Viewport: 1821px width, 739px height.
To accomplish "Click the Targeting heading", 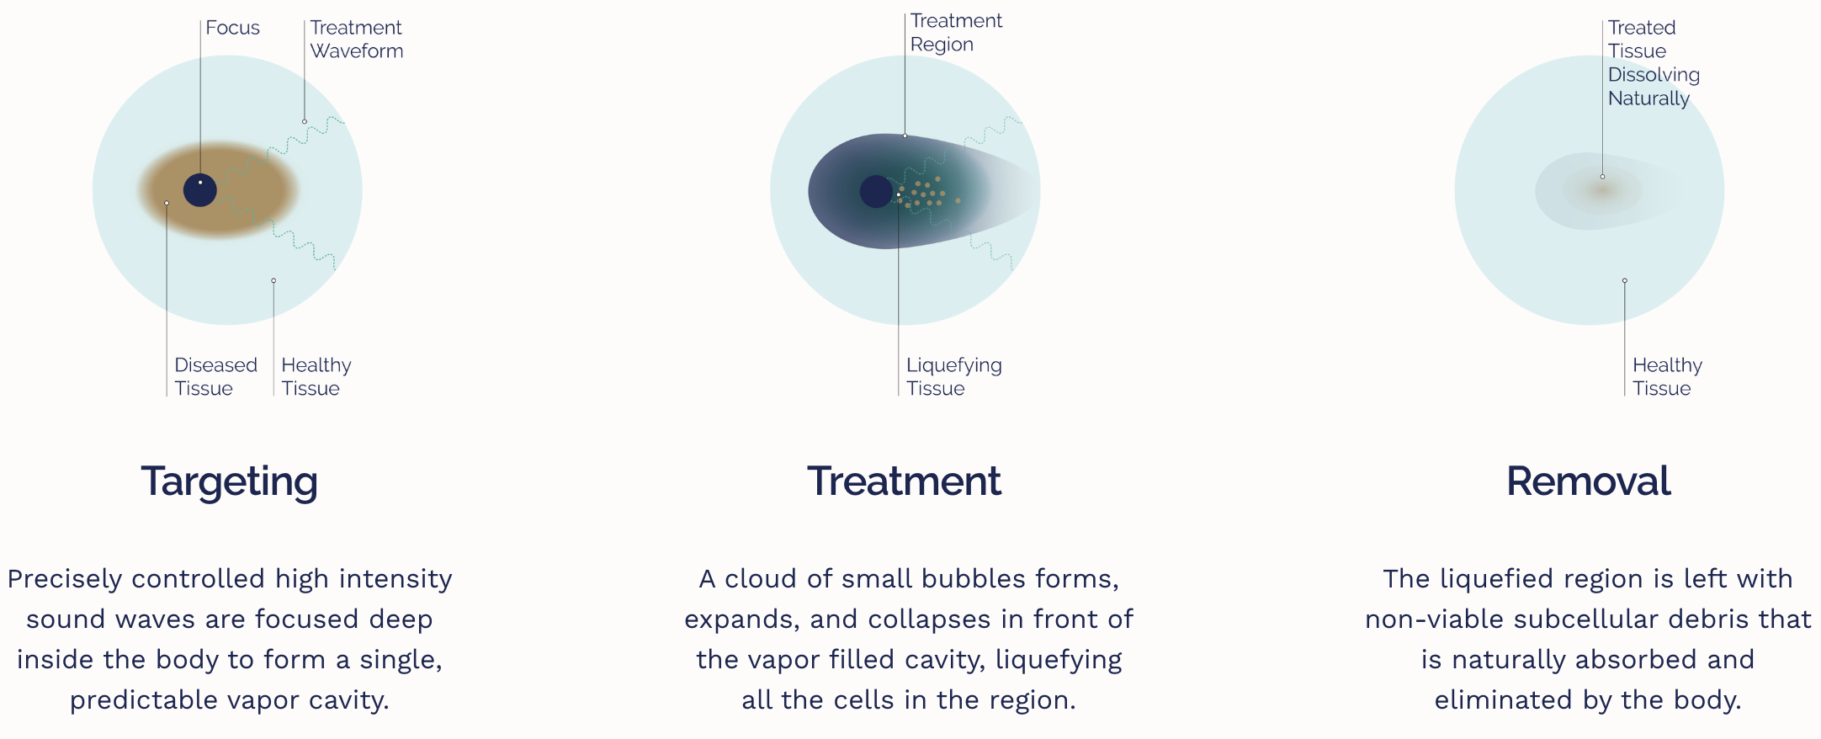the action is [x=229, y=482].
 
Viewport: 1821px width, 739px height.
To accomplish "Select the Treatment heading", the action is [x=905, y=481].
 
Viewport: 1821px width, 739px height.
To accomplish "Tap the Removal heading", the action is [x=1588, y=481].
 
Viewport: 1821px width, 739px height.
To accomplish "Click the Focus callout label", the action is [x=232, y=28].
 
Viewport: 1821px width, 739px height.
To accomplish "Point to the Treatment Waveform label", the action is [x=357, y=40].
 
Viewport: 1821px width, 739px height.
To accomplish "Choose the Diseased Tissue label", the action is [x=215, y=376].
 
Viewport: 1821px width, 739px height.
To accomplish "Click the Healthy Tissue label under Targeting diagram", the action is [x=316, y=376].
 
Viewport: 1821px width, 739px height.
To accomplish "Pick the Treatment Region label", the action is [x=956, y=33].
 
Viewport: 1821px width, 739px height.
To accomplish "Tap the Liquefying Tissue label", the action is [x=954, y=376].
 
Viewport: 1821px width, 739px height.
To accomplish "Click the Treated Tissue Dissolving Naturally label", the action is [x=1654, y=63].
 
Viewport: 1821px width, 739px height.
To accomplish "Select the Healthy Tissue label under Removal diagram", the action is [x=1667, y=376].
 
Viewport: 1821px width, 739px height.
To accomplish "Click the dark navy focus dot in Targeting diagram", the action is [x=200, y=190].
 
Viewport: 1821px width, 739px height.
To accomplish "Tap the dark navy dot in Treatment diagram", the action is [x=876, y=192].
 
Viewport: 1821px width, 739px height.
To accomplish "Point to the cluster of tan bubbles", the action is [x=926, y=193].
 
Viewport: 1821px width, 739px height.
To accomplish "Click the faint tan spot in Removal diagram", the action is [x=1601, y=189].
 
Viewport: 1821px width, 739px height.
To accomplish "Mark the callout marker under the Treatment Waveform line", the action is [x=305, y=121].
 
